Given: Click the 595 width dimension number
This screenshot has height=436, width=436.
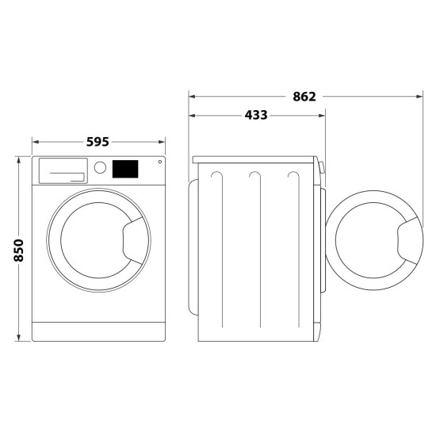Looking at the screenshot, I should (x=98, y=142).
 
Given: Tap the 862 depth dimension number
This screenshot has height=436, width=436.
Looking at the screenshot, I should (x=304, y=97).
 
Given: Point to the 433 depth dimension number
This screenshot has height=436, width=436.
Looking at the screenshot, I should (x=256, y=115).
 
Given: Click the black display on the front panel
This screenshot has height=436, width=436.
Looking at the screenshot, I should (x=125, y=168).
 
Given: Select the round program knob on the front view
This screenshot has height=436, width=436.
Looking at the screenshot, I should (x=100, y=168).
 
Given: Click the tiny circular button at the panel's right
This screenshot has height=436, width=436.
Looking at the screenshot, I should (x=159, y=163).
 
